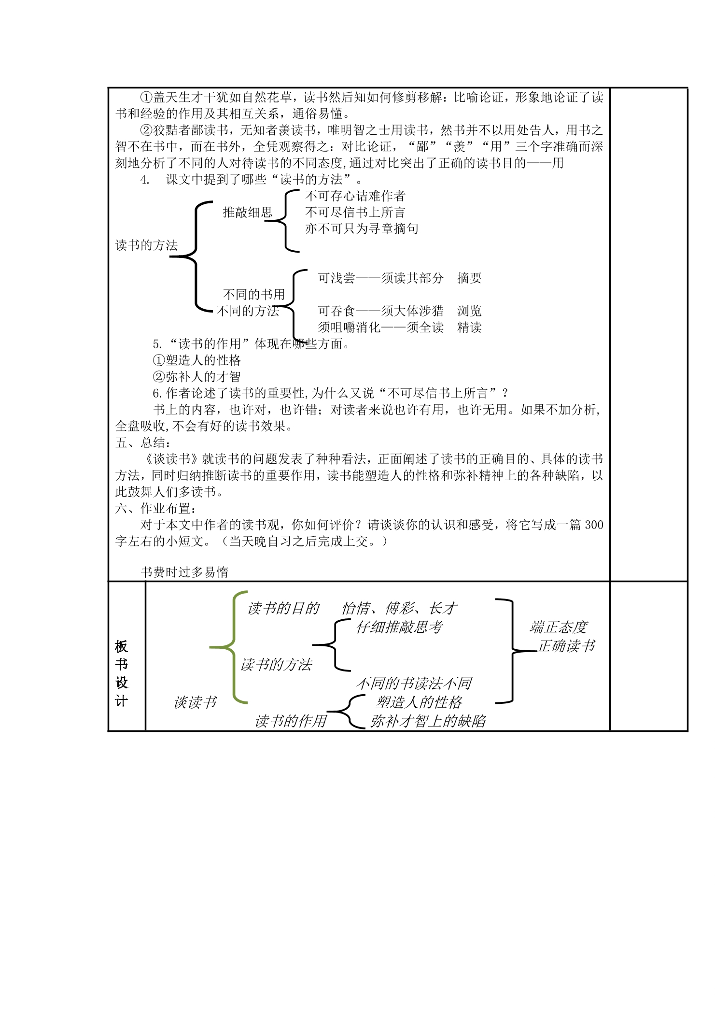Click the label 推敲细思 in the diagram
coord(248,213)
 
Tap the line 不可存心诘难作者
coord(355,196)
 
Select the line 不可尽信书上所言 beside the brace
coord(355,213)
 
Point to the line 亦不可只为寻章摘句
coord(362,229)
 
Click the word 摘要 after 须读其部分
coord(470,278)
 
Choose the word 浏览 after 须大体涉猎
coord(470,311)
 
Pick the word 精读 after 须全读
coord(470,328)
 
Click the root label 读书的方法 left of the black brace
coord(147,245)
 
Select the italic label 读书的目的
coord(284,609)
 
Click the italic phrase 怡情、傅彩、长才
coord(400,609)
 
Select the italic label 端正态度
coord(559,628)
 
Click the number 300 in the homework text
coord(594,525)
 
